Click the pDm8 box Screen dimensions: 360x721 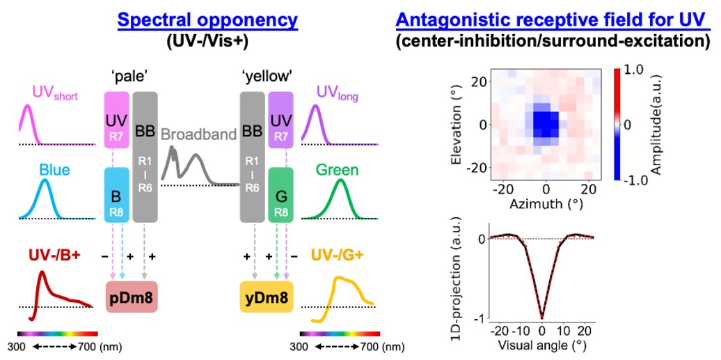132,297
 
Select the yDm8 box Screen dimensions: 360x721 266,297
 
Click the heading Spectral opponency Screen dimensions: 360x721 207,19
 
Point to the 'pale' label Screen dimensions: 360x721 131,75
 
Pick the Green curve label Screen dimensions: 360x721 338,169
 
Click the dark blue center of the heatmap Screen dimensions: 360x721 545,123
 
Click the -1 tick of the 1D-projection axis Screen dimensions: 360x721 480,318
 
